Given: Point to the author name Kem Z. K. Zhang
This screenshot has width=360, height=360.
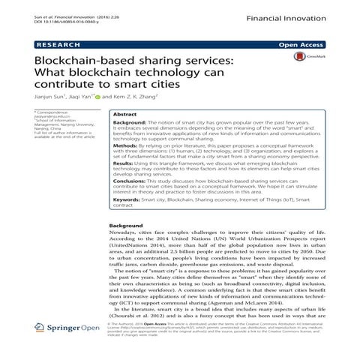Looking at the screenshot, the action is [137, 97].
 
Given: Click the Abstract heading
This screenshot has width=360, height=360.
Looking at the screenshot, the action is [124, 115].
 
